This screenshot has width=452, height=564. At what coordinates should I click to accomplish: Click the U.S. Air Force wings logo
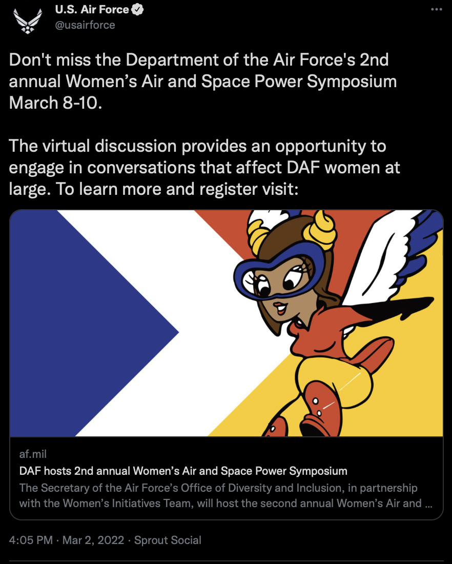point(28,21)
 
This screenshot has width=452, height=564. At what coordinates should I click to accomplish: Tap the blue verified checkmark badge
point(137,10)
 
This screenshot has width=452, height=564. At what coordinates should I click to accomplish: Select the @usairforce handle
point(85,25)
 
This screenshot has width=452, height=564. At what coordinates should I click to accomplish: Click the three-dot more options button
point(437,9)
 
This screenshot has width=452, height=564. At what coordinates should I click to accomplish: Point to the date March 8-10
point(55,103)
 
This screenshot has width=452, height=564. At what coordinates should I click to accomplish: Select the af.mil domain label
point(33,454)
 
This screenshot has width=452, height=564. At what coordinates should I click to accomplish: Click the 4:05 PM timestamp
point(31,540)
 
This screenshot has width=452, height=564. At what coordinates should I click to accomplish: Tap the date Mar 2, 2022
point(93,540)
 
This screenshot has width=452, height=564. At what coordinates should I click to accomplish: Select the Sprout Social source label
point(168,540)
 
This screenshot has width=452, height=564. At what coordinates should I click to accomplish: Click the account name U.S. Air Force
point(92,10)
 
